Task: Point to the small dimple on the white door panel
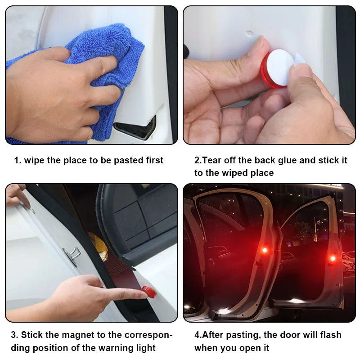(x=249, y=33)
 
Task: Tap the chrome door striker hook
(x=72, y=255)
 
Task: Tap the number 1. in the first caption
(x=17, y=160)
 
